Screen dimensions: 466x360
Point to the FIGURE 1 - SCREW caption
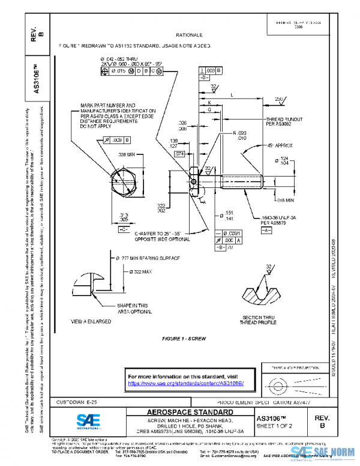point(184,339)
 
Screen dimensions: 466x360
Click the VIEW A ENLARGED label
point(91,322)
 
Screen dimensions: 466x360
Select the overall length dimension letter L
point(232,95)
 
